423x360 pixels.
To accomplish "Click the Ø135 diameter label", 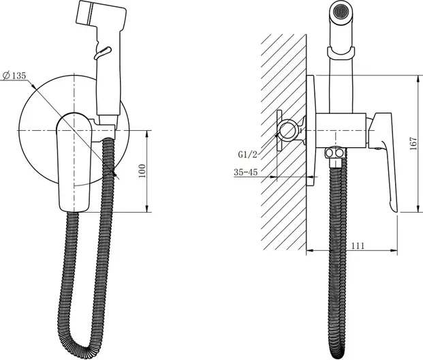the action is (14, 76).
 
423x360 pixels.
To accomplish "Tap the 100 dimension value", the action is (142, 170).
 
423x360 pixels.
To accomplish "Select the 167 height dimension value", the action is (413, 144).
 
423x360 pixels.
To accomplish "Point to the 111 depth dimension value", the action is (358, 245).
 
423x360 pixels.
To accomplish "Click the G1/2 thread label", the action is (248, 155).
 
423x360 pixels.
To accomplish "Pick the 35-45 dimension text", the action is (245, 172).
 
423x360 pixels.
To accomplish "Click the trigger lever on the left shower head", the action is (102, 52).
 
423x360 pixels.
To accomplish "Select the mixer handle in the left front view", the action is (74, 162).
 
